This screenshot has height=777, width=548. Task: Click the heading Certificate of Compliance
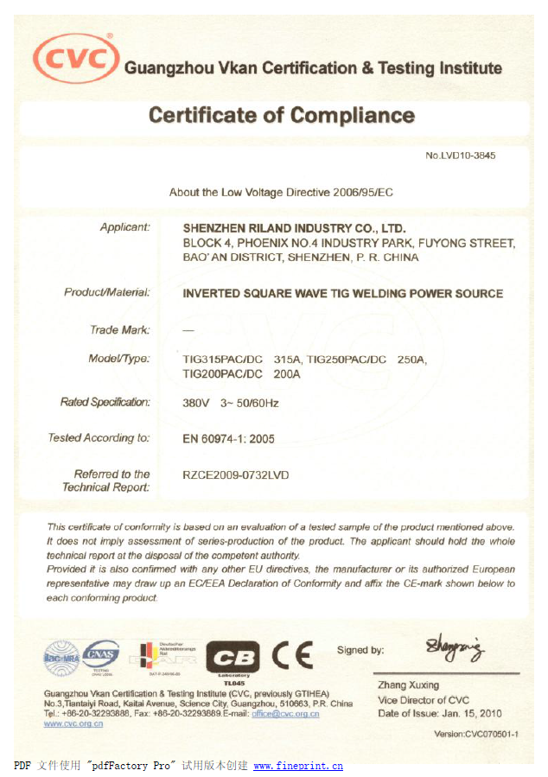282,115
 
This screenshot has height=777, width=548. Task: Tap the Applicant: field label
125,227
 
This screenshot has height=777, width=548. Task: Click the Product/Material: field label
107,292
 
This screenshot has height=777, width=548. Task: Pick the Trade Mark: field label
120,329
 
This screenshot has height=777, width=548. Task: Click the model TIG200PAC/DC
222,373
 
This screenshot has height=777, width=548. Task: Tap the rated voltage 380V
196,403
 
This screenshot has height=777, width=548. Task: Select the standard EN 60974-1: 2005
229,438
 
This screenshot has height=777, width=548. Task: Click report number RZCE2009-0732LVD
236,474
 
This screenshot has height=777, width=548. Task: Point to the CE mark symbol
292,656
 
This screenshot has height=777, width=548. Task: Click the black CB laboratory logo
233,658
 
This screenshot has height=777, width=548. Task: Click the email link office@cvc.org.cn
285,714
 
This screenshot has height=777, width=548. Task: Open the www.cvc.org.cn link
73,724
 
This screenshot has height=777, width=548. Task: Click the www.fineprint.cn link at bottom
298,766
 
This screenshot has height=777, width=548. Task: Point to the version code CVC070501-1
475,735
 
